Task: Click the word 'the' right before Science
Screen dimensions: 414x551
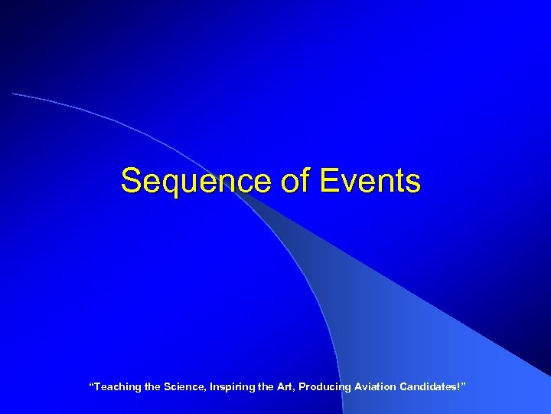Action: pyautogui.click(x=152, y=387)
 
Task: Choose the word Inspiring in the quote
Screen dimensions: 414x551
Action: pyautogui.click(x=233, y=387)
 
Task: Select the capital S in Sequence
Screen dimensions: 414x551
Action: pyautogui.click(x=131, y=182)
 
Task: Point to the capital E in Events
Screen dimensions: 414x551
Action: pyautogui.click(x=328, y=182)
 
